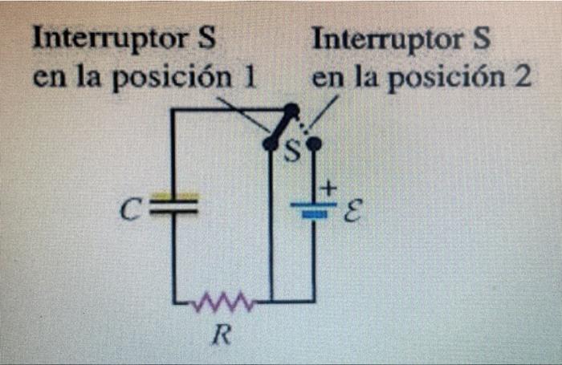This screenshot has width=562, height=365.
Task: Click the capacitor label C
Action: point(127,210)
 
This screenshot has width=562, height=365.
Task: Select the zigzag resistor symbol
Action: point(222,303)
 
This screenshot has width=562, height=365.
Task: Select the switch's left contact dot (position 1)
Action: point(271,143)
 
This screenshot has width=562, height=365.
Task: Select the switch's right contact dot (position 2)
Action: point(314,144)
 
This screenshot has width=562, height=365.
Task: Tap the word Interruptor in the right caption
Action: point(384,39)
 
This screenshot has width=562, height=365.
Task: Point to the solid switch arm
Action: point(281,127)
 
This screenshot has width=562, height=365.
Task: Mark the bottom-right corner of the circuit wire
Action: point(312,302)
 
